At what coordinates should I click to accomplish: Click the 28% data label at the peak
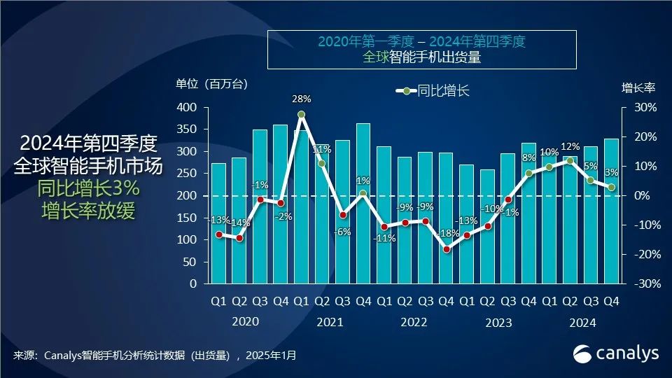point(301,99)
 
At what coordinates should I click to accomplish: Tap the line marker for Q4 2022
point(446,249)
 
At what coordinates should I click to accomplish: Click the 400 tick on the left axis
point(187,107)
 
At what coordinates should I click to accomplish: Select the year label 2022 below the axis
point(414,323)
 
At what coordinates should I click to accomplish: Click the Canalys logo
point(616,353)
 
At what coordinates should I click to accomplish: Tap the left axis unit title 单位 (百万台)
point(211,85)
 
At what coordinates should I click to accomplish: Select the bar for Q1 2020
point(218,224)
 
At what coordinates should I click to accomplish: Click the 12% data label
point(570,147)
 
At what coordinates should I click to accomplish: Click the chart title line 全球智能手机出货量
point(421,58)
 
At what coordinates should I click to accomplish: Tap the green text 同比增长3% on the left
point(90,188)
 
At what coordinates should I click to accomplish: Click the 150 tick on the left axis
point(187,218)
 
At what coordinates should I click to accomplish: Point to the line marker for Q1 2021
point(301,114)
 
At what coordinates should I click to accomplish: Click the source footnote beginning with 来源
point(154,356)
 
